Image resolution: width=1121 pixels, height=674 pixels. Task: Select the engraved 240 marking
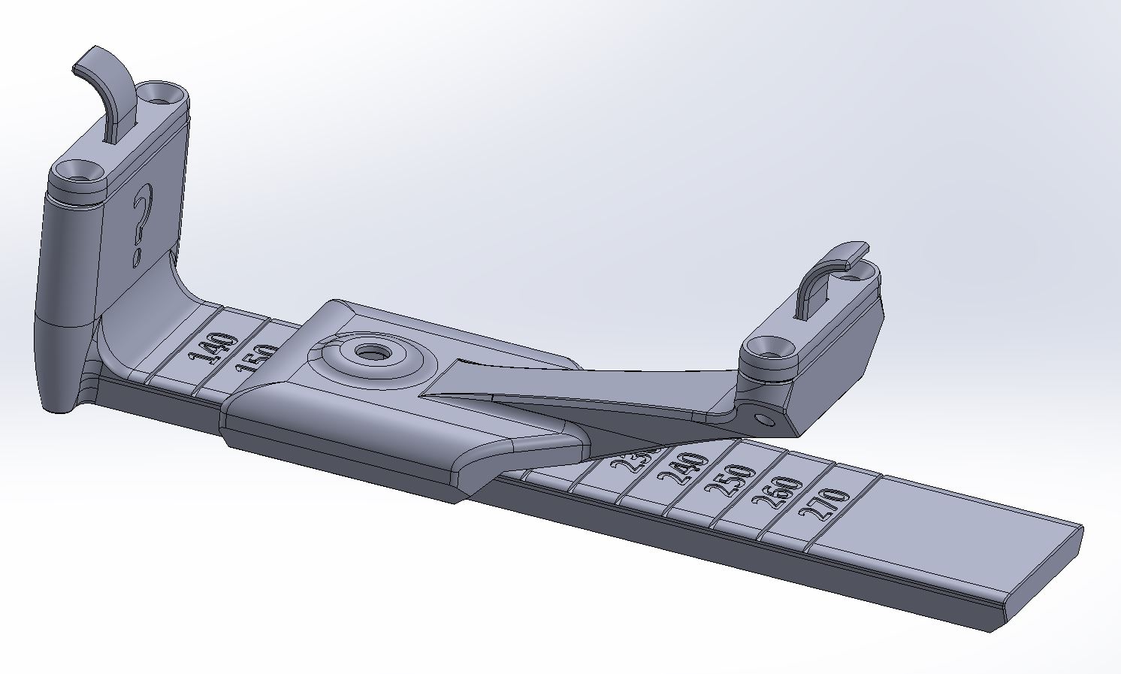point(683,471)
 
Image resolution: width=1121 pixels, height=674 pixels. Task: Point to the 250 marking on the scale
point(730,482)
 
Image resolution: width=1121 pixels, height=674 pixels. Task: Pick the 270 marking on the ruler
point(824,505)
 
